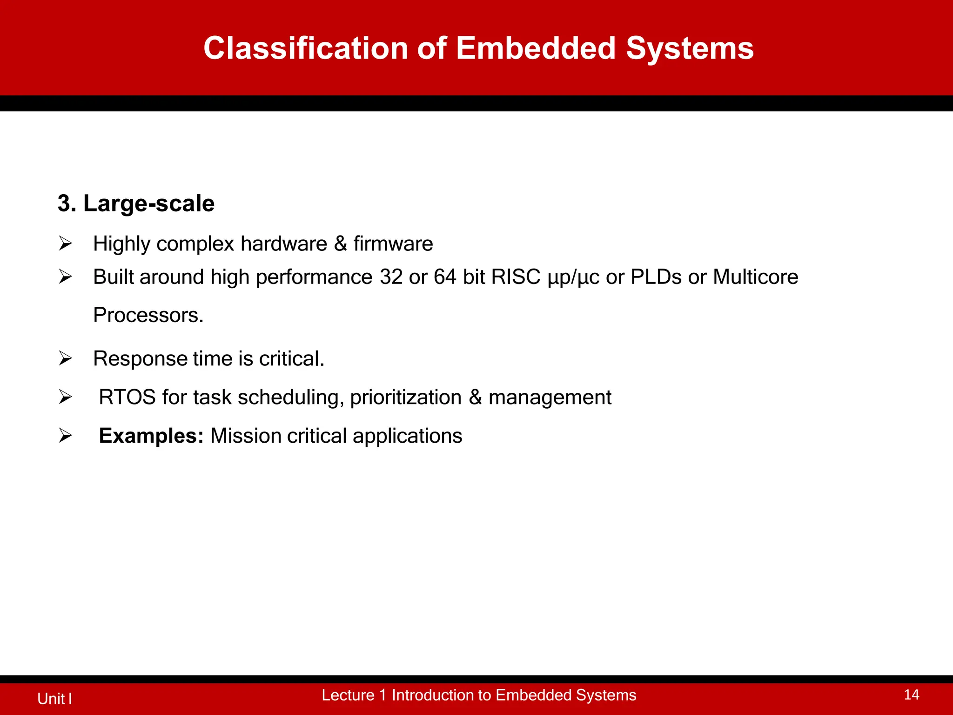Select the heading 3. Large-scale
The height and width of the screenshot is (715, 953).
tap(136, 203)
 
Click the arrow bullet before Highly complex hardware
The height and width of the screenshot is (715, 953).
tap(65, 243)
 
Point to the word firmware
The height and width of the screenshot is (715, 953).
tap(393, 244)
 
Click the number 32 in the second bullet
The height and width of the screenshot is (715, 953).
tap(391, 277)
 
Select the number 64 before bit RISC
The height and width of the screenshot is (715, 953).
tap(445, 277)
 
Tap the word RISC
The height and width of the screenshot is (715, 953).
tap(515, 277)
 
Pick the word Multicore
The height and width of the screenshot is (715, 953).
tap(755, 277)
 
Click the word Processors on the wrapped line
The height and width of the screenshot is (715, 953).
tap(148, 315)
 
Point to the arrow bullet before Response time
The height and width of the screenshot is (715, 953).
tap(65, 358)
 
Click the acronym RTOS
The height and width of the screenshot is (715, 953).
tap(127, 397)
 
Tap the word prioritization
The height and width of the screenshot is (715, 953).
tap(405, 398)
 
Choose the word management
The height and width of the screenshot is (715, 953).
tap(550, 398)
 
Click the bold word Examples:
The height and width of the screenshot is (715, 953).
tap(151, 436)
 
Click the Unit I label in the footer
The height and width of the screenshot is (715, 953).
tap(54, 698)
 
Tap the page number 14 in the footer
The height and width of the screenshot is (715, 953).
tap(911, 695)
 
